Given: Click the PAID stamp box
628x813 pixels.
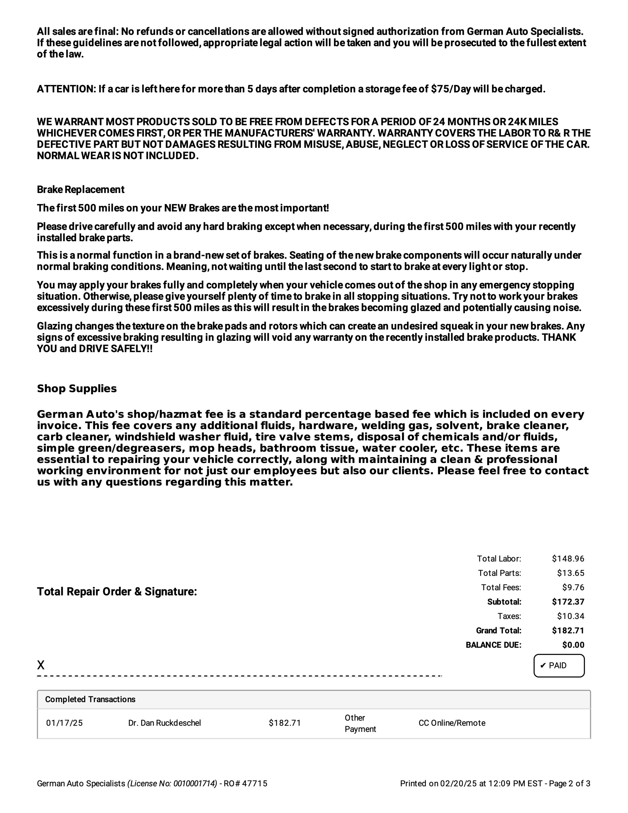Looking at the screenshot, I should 558,665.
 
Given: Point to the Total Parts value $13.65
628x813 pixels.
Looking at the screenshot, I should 570,573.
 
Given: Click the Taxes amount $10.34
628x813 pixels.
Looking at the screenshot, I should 570,616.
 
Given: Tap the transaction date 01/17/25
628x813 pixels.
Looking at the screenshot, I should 64,723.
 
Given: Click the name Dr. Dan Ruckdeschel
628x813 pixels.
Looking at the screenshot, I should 164,723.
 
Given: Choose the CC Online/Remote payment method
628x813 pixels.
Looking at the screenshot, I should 452,723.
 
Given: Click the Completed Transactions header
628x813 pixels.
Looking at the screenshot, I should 90,699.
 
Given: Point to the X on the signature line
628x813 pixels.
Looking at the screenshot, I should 40,665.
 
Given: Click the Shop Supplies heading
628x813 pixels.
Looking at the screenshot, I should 77,389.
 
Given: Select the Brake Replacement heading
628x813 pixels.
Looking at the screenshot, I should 80,190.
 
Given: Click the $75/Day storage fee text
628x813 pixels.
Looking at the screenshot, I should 450,89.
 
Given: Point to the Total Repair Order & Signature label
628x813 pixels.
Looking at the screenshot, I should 117,591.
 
